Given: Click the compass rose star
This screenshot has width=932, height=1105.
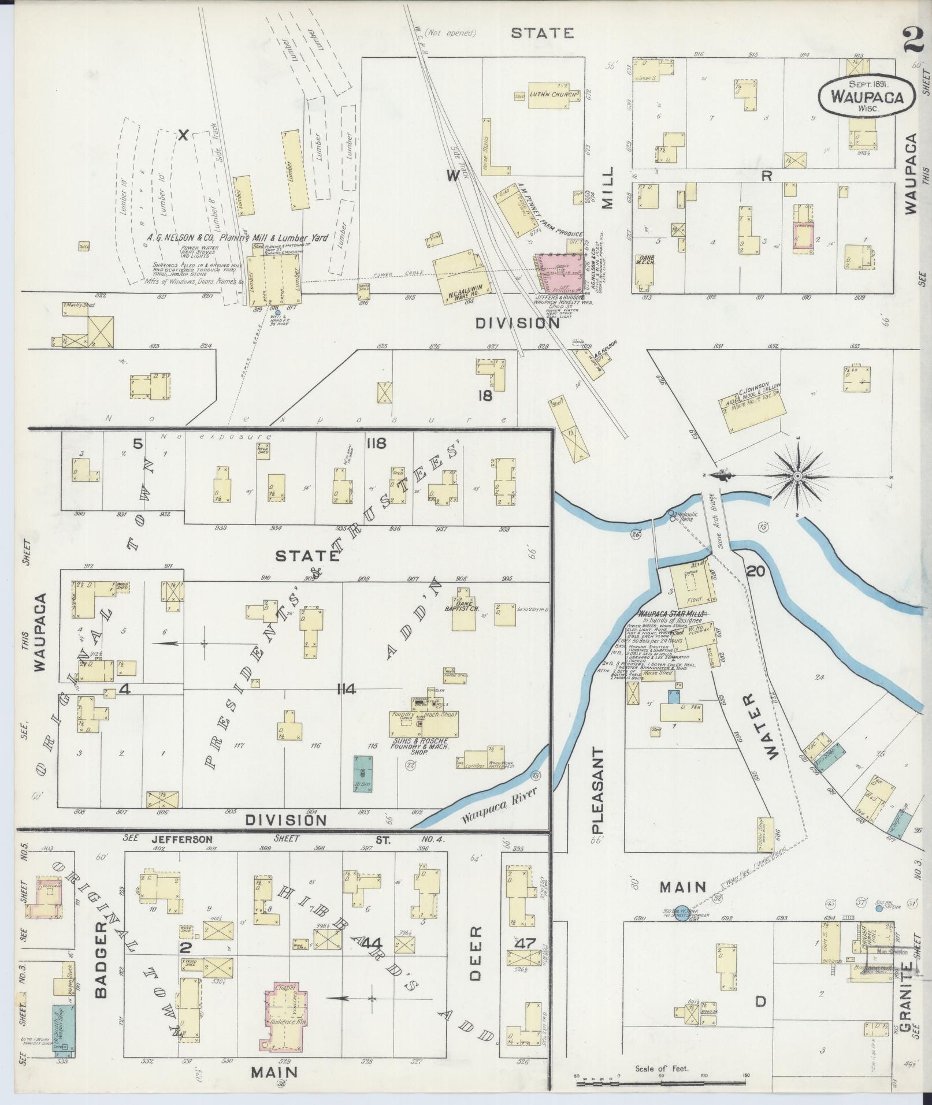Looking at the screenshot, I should click(x=797, y=475).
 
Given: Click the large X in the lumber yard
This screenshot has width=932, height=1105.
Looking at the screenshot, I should click(x=183, y=135).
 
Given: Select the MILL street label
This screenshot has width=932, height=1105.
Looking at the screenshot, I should click(x=607, y=189).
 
